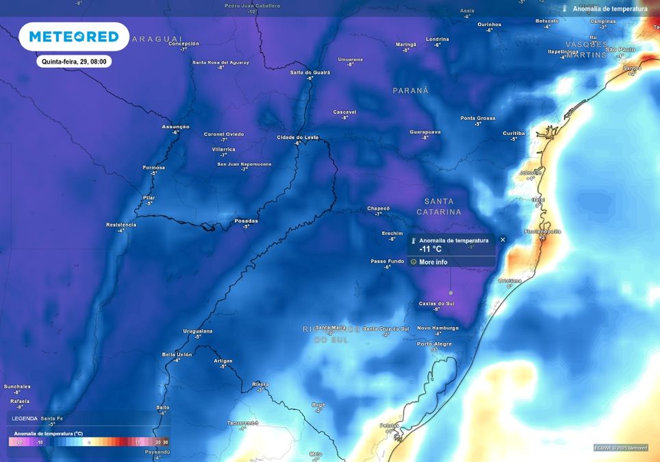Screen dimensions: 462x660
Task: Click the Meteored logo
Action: pyautogui.click(x=74, y=36)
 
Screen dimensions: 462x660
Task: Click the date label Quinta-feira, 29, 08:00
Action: pyautogui.click(x=74, y=61)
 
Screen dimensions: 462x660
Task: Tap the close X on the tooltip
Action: pyautogui.click(x=503, y=240)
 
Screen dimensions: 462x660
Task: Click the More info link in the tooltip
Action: pyautogui.click(x=433, y=262)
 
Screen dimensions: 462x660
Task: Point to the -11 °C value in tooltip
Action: pyautogui.click(x=431, y=250)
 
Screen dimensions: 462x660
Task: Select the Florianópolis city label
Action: pyautogui.click(x=542, y=232)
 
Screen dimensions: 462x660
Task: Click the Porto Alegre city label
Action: pyautogui.click(x=434, y=343)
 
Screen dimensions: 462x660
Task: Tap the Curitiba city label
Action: pyautogui.click(x=513, y=133)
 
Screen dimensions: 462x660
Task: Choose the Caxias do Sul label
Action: pyautogui.click(x=436, y=303)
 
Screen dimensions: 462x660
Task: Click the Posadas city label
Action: pyautogui.click(x=246, y=221)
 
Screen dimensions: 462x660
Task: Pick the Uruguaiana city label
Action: pyautogui.click(x=198, y=331)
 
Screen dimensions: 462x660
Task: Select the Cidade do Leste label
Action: pyautogui.click(x=297, y=137)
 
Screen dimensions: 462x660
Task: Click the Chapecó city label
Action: pyautogui.click(x=378, y=208)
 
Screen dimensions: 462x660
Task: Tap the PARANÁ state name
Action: pyautogui.click(x=410, y=90)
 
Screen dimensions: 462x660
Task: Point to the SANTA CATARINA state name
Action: pyautogui.click(x=439, y=206)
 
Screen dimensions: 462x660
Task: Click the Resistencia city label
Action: pyautogui.click(x=121, y=225)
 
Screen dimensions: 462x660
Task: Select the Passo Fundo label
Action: pyautogui.click(x=387, y=261)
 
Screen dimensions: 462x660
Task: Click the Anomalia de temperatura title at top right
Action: pyautogui.click(x=609, y=9)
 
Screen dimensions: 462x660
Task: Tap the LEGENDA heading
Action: pyautogui.click(x=25, y=418)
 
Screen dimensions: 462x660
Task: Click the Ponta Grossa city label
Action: pyautogui.click(x=477, y=118)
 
